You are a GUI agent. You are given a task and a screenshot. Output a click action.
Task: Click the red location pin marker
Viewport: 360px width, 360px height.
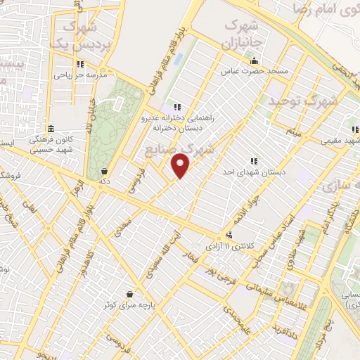tap(181, 165)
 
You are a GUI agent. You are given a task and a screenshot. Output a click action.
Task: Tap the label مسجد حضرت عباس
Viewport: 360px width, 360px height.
tap(247, 71)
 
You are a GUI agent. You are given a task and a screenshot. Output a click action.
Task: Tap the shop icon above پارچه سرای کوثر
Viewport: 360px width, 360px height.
tap(129, 294)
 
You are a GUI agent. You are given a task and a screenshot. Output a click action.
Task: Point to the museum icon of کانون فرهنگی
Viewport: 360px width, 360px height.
tap(51, 129)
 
